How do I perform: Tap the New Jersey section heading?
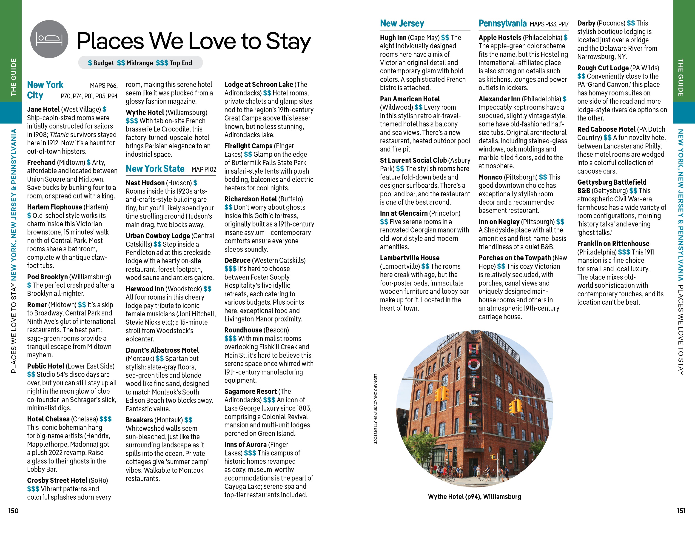click(x=402, y=23)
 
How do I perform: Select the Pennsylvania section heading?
click(x=502, y=23)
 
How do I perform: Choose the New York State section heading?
click(x=155, y=169)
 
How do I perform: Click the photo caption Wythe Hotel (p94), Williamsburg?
click(x=474, y=497)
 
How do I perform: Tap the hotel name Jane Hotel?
click(x=43, y=109)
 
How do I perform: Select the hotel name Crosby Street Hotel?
click(x=57, y=480)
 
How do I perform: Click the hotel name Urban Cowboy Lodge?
click(x=158, y=236)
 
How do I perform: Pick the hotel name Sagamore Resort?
click(x=251, y=392)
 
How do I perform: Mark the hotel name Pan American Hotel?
click(x=410, y=99)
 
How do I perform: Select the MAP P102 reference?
click(x=204, y=170)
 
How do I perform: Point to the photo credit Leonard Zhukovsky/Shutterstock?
click(x=376, y=409)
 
